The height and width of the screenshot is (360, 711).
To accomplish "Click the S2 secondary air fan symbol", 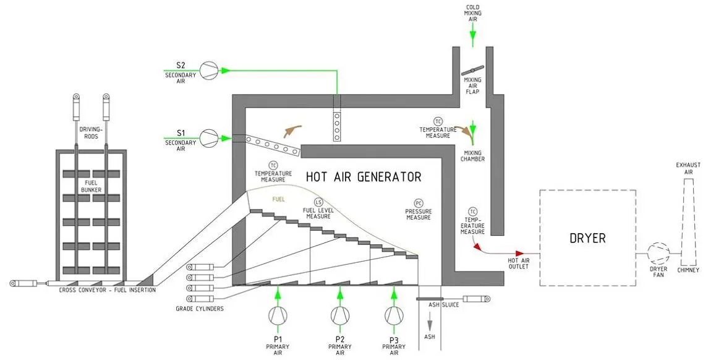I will tap(208, 69).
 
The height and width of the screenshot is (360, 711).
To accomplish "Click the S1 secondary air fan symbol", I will tap(208, 137).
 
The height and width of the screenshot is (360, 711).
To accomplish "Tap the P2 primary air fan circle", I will tap(339, 315).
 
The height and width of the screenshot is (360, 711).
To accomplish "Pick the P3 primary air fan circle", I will tap(393, 315).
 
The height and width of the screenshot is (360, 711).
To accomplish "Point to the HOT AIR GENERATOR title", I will tap(364, 177).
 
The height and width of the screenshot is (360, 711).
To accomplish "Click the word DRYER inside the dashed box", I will tap(587, 238).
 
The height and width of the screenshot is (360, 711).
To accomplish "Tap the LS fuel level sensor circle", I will tap(318, 202).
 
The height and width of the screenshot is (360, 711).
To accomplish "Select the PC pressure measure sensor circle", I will tap(419, 203).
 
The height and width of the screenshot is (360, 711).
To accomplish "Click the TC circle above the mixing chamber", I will tap(438, 121).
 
